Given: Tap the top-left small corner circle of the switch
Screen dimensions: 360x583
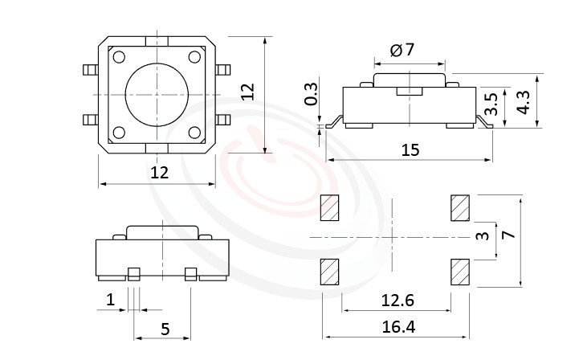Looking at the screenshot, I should [x=120, y=57].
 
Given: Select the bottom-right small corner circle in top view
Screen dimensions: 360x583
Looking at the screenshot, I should [x=195, y=133].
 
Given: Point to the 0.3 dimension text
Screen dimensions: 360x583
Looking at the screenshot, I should [x=312, y=95].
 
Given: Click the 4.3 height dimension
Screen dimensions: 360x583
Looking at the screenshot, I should [x=523, y=102].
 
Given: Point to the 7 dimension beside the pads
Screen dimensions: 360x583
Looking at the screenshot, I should [x=506, y=235].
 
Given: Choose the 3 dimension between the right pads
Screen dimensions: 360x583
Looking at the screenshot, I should [x=482, y=237].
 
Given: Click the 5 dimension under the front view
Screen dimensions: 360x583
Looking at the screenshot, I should [x=165, y=328].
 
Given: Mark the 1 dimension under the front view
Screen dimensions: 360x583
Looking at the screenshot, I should [x=110, y=301].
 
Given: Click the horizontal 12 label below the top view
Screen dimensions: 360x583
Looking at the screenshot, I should [x=159, y=172].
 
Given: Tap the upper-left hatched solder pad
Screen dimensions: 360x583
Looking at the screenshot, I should [x=330, y=208].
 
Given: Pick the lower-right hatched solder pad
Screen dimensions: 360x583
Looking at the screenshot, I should [x=460, y=272].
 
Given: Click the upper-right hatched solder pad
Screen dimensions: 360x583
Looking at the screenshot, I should [x=460, y=208].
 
